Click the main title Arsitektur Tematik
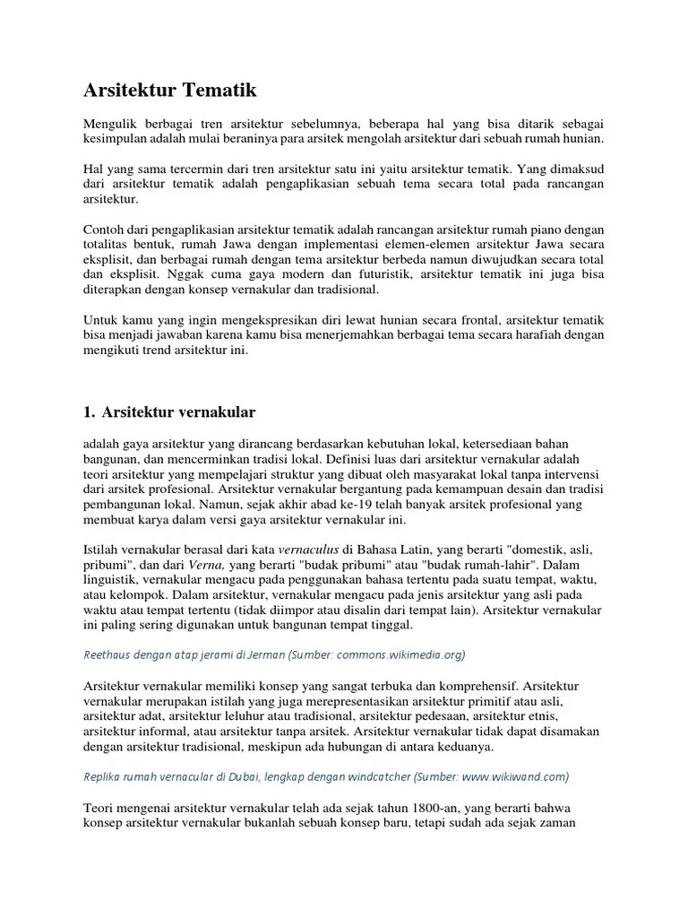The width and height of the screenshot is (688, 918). (170, 91)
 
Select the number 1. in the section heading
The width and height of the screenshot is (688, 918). (89, 412)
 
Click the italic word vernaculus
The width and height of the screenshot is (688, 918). (308, 550)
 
